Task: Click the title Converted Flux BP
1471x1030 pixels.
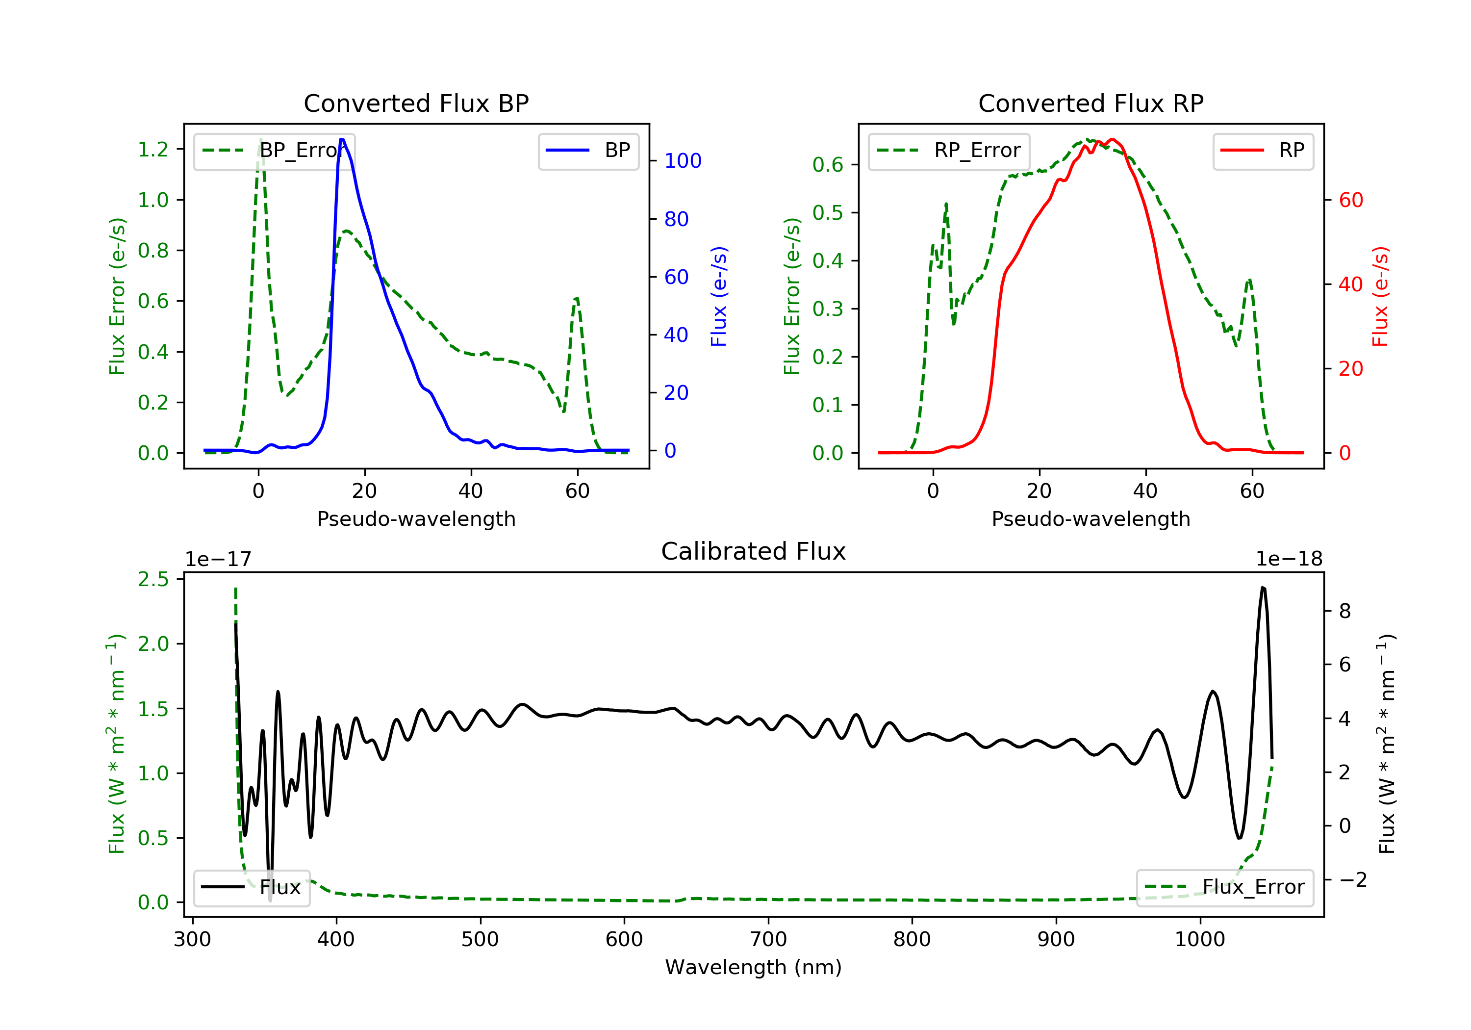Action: [416, 103]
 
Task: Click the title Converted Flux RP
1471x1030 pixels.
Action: [1091, 103]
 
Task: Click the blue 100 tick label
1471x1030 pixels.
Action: [683, 161]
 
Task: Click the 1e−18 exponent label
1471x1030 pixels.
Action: [1289, 559]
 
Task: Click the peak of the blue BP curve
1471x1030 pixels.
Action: [342, 139]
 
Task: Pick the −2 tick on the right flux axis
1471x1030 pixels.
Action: [1352, 879]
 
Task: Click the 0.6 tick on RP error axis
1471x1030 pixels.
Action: [828, 165]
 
